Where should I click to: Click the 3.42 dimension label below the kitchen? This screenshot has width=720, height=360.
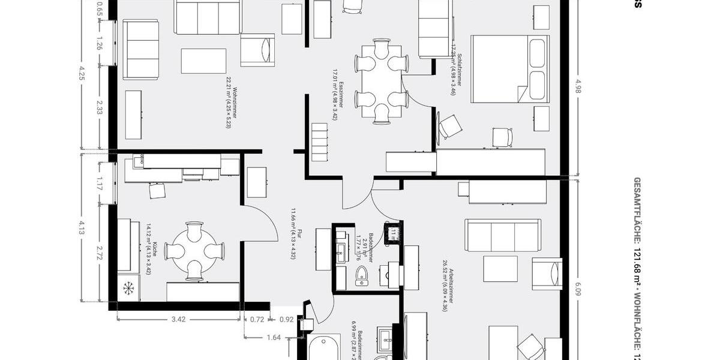[178, 319]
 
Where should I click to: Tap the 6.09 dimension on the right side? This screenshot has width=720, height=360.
[578, 290]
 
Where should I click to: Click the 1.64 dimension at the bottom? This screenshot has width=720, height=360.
[273, 337]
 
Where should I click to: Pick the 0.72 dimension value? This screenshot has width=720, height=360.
[257, 319]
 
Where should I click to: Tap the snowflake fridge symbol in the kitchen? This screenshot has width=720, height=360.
[128, 289]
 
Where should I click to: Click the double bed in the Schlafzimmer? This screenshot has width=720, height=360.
[509, 68]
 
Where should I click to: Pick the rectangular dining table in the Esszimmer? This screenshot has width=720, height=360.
[382, 82]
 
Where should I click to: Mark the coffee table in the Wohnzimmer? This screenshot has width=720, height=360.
[203, 61]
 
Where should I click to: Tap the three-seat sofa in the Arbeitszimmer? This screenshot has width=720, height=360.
[503, 235]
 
